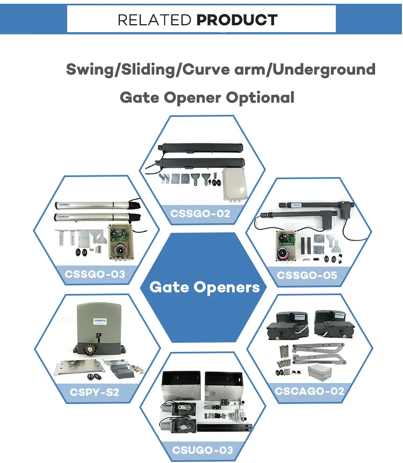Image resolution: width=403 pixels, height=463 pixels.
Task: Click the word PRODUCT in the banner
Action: pyautogui.click(x=237, y=20)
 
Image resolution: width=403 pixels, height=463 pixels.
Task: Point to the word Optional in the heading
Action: pyautogui.click(x=260, y=98)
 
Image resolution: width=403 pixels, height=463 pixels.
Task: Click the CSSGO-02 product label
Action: pyautogui.click(x=200, y=214)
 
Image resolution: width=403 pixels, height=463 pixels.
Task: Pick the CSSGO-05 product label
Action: pyautogui.click(x=307, y=275)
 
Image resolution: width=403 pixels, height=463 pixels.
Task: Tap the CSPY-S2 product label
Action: pyautogui.click(x=95, y=392)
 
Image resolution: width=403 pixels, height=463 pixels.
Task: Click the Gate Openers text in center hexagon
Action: pyautogui.click(x=204, y=287)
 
